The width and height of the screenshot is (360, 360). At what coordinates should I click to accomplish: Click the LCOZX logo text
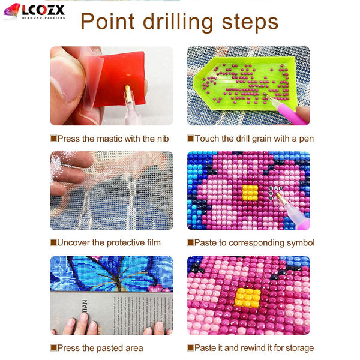44,10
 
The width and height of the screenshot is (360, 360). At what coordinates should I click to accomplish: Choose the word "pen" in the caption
305,139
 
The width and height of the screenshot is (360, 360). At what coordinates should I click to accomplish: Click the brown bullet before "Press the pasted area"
53,347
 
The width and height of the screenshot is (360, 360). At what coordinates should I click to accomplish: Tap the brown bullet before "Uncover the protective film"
53,243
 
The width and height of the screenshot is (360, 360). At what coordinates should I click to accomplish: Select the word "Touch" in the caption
208,139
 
